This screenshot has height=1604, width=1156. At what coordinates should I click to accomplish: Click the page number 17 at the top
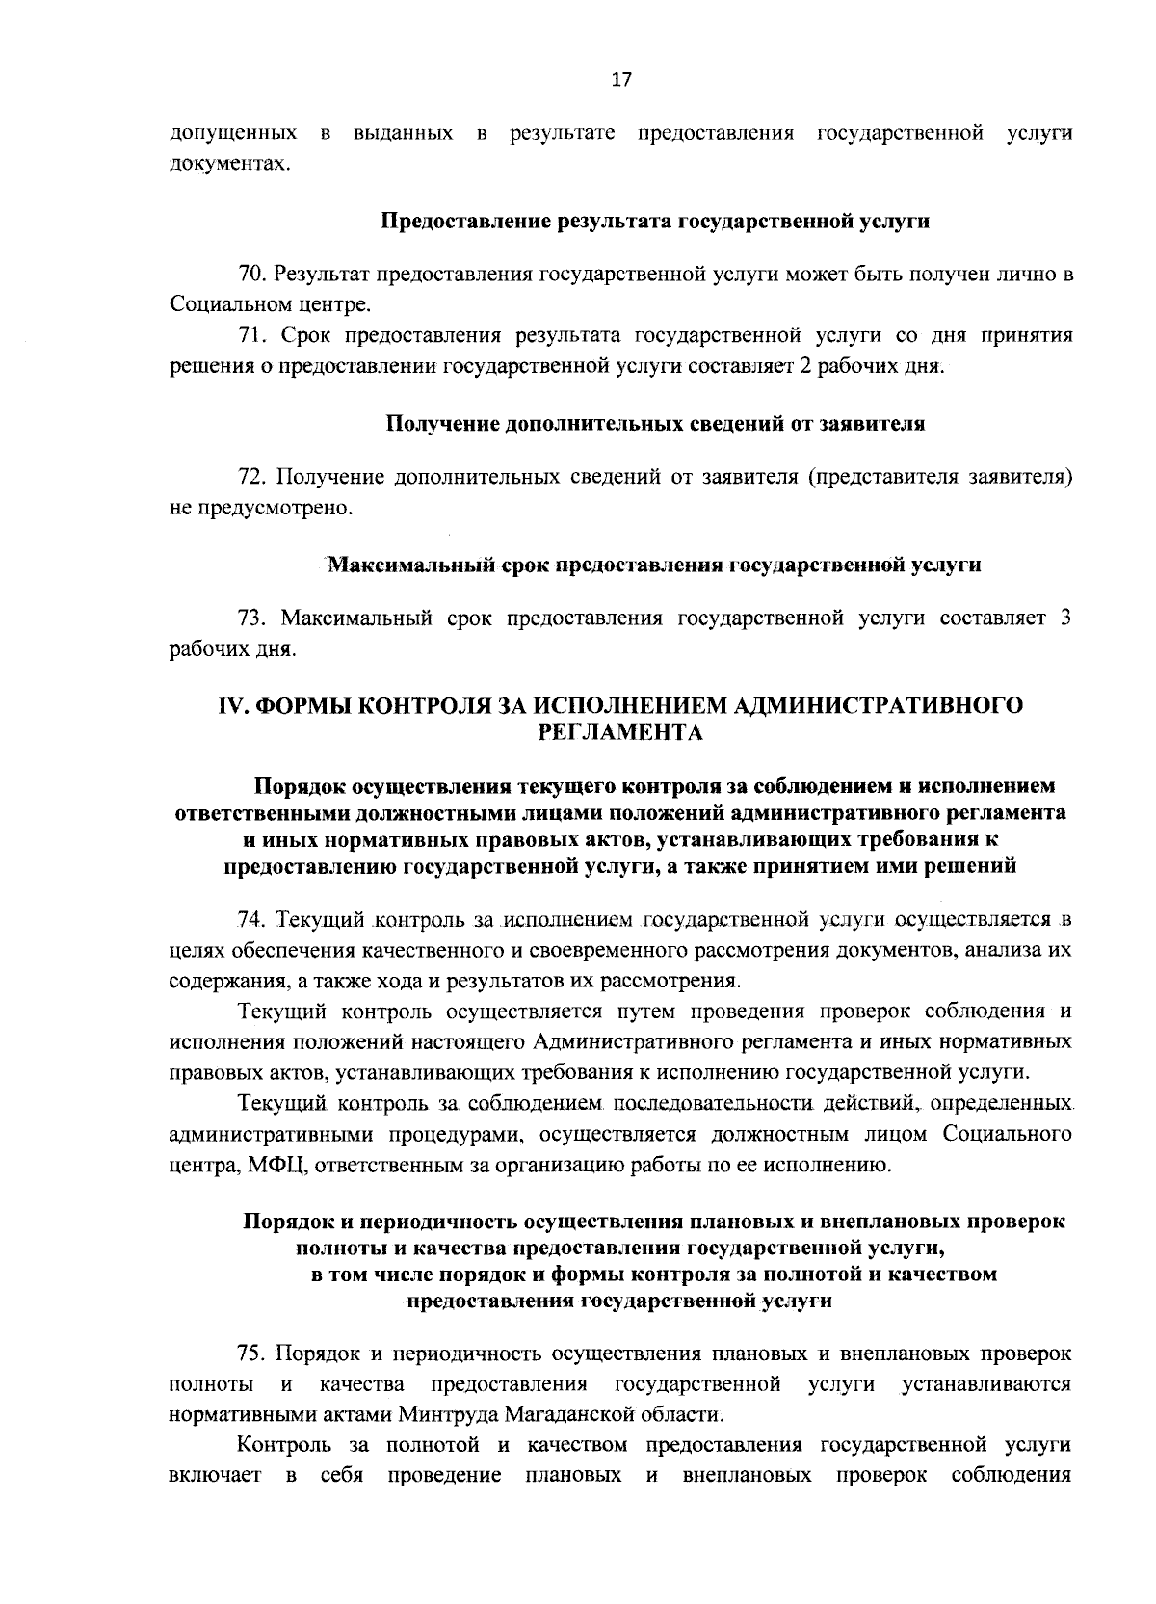(x=620, y=81)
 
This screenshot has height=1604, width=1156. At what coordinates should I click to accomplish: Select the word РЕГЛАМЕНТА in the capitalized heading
(x=620, y=733)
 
